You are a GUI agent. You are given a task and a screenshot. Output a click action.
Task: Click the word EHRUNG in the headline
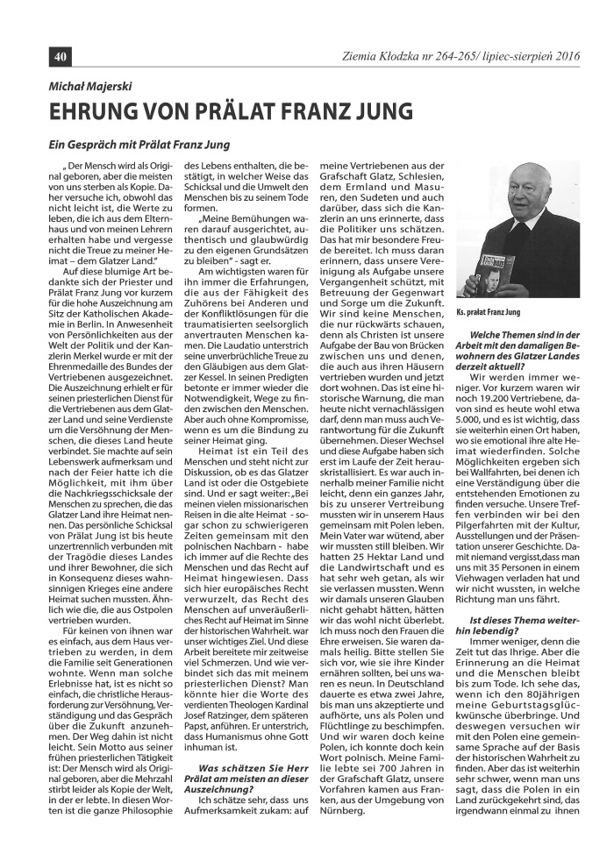coord(94,112)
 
